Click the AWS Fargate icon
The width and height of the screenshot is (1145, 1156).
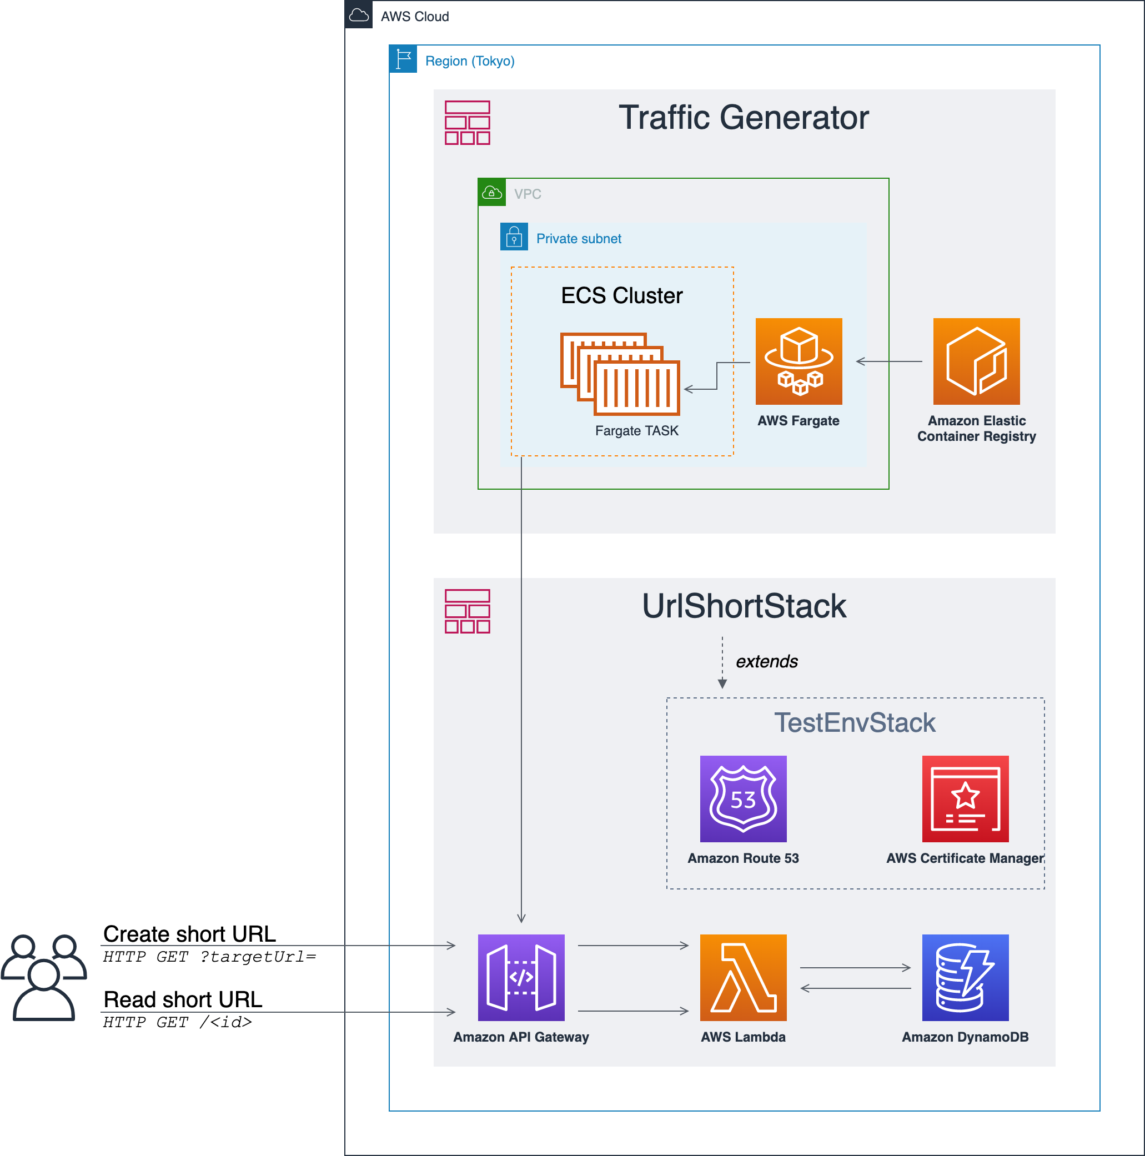[799, 361]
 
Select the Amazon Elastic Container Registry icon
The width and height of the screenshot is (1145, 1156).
[976, 361]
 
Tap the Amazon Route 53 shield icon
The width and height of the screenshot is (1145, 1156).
[744, 799]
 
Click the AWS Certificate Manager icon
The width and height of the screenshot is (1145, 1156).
[966, 799]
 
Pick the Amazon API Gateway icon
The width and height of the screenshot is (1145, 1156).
[521, 978]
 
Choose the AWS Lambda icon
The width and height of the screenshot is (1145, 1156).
[744, 978]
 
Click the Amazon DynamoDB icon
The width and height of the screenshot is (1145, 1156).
[966, 978]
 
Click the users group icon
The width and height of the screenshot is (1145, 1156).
[44, 977]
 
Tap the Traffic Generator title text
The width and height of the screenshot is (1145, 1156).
[744, 117]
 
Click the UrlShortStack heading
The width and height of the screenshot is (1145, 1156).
[744, 606]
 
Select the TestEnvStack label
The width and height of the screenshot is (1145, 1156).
[855, 723]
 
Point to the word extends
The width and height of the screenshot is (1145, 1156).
[767, 661]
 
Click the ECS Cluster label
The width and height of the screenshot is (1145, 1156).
[622, 295]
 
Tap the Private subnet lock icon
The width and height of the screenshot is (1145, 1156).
[514, 237]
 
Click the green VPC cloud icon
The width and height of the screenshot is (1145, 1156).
[492, 192]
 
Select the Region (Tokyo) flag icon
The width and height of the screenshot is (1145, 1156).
[403, 59]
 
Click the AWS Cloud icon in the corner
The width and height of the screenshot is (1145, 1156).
[359, 14]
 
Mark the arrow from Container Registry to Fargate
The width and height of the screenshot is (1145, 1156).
[890, 361]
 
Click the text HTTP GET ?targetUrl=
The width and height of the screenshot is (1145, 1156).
[209, 957]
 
